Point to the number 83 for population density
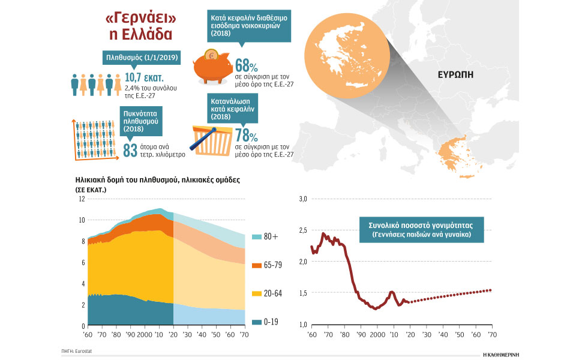[130, 150]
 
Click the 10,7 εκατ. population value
[144, 78]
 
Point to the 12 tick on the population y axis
[82, 199]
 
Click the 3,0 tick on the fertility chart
[303, 199]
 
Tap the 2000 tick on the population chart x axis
[145, 334]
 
